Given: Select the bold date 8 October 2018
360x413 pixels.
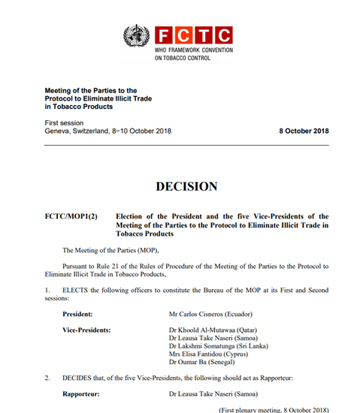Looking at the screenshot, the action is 304,131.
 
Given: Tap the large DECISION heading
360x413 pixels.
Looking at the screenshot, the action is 186,186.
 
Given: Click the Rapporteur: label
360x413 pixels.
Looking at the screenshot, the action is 81,393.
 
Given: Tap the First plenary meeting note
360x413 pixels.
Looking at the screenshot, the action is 274,409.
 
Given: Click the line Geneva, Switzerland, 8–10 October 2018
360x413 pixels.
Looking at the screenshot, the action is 108,131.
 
